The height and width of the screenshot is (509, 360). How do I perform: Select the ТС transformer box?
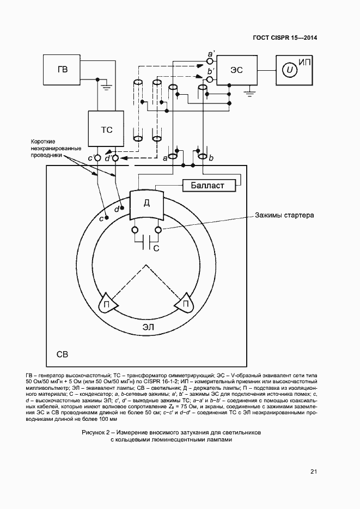point(107,130)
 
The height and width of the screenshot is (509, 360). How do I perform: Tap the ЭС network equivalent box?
point(236,69)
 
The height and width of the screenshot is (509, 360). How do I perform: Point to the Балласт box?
point(208,186)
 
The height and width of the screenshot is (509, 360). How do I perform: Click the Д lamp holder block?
point(147,204)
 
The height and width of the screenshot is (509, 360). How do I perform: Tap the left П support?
point(107,304)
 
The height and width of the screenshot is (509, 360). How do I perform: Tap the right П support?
point(185,304)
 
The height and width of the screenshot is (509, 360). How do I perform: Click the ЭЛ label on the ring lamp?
point(148,327)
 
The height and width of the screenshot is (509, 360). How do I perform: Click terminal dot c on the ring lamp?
point(107,217)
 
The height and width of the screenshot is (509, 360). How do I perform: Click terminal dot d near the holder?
point(123,207)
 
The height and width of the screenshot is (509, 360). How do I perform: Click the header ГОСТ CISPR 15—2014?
point(284,38)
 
